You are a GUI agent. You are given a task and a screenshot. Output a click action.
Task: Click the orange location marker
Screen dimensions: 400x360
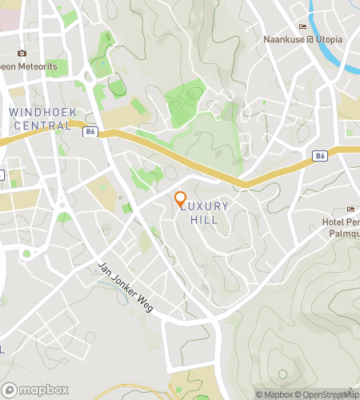(x=180, y=198)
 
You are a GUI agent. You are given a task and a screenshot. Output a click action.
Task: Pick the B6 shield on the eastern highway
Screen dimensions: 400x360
(x=320, y=156)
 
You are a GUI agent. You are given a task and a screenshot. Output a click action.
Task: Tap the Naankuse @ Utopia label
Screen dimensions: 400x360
(x=303, y=38)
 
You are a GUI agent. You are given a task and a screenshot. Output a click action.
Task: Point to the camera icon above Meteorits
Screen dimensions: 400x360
(x=22, y=52)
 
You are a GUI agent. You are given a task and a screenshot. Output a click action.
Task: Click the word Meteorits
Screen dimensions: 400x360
(x=38, y=66)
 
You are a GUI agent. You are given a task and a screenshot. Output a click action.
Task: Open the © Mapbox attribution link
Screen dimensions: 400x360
(x=274, y=394)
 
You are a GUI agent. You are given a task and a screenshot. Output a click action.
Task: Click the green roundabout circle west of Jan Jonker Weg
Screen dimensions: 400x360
(x=26, y=254)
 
